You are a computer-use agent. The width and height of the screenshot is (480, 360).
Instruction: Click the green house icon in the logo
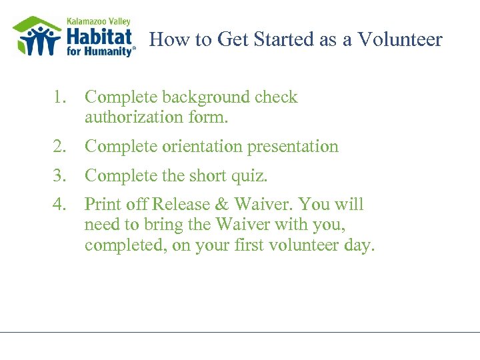click(37, 37)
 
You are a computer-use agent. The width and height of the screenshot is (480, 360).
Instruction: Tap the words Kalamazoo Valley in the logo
click(98, 21)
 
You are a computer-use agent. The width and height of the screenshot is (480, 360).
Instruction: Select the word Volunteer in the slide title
click(399, 40)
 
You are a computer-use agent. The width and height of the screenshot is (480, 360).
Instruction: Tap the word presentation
click(293, 147)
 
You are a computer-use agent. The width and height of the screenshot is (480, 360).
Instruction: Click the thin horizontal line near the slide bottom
click(240, 331)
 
